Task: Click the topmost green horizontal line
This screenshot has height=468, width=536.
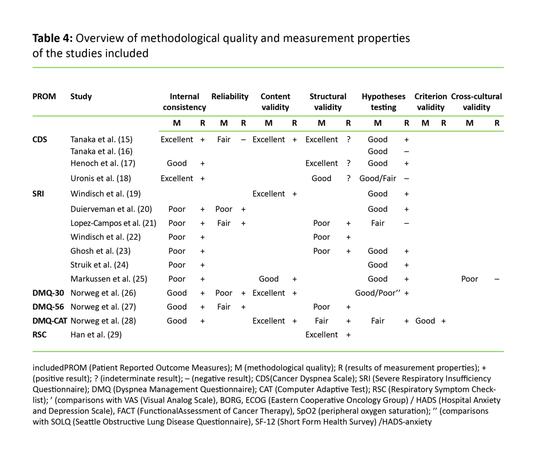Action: [x=268, y=68]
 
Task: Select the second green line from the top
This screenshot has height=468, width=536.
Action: [x=268, y=116]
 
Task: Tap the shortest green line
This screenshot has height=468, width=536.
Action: [x=331, y=131]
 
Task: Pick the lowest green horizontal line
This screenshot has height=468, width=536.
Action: [x=268, y=351]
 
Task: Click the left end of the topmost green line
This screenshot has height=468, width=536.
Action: [x=32, y=68]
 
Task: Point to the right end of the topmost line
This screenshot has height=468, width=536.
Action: [x=504, y=68]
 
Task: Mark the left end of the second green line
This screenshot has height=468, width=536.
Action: [x=32, y=116]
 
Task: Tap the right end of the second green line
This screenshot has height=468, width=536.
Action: [x=504, y=116]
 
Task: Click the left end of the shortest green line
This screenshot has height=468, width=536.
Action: [x=158, y=131]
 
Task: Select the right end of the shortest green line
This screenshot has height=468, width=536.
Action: [x=504, y=131]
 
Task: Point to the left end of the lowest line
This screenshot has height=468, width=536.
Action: [x=32, y=351]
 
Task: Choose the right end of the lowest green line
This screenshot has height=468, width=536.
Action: [x=504, y=351]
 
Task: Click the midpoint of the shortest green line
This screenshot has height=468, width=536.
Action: [x=331, y=131]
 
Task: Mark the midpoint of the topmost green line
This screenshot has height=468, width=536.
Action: [x=268, y=68]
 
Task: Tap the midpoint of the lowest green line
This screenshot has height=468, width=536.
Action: [x=268, y=351]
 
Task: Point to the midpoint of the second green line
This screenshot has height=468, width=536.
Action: [x=268, y=116]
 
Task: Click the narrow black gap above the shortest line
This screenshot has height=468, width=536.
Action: [x=331, y=124]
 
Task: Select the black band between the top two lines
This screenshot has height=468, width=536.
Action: [x=268, y=92]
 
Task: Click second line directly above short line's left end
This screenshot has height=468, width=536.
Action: [x=158, y=116]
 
